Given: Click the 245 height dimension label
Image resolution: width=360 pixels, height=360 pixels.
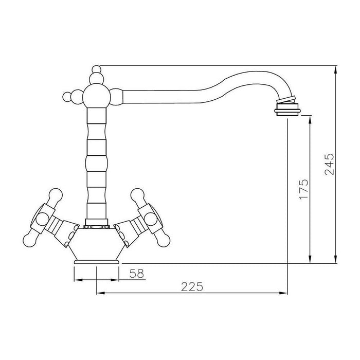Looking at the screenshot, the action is (x=330, y=165).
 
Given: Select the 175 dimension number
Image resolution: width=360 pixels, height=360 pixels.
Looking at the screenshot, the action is (x=304, y=189).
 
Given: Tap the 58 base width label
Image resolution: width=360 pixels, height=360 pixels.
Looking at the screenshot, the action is (x=137, y=274).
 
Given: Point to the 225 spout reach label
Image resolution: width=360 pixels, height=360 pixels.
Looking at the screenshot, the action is (x=192, y=286).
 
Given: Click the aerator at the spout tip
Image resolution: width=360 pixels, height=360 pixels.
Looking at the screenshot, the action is (x=287, y=109).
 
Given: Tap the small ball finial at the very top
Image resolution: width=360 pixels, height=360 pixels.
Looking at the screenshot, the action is (x=97, y=69).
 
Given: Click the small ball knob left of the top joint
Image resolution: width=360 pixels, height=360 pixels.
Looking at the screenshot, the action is (x=67, y=97).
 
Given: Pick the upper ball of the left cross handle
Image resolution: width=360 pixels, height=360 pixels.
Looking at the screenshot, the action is (x=56, y=195).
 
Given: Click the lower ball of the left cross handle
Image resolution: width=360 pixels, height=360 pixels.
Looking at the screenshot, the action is (x=30, y=241).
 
